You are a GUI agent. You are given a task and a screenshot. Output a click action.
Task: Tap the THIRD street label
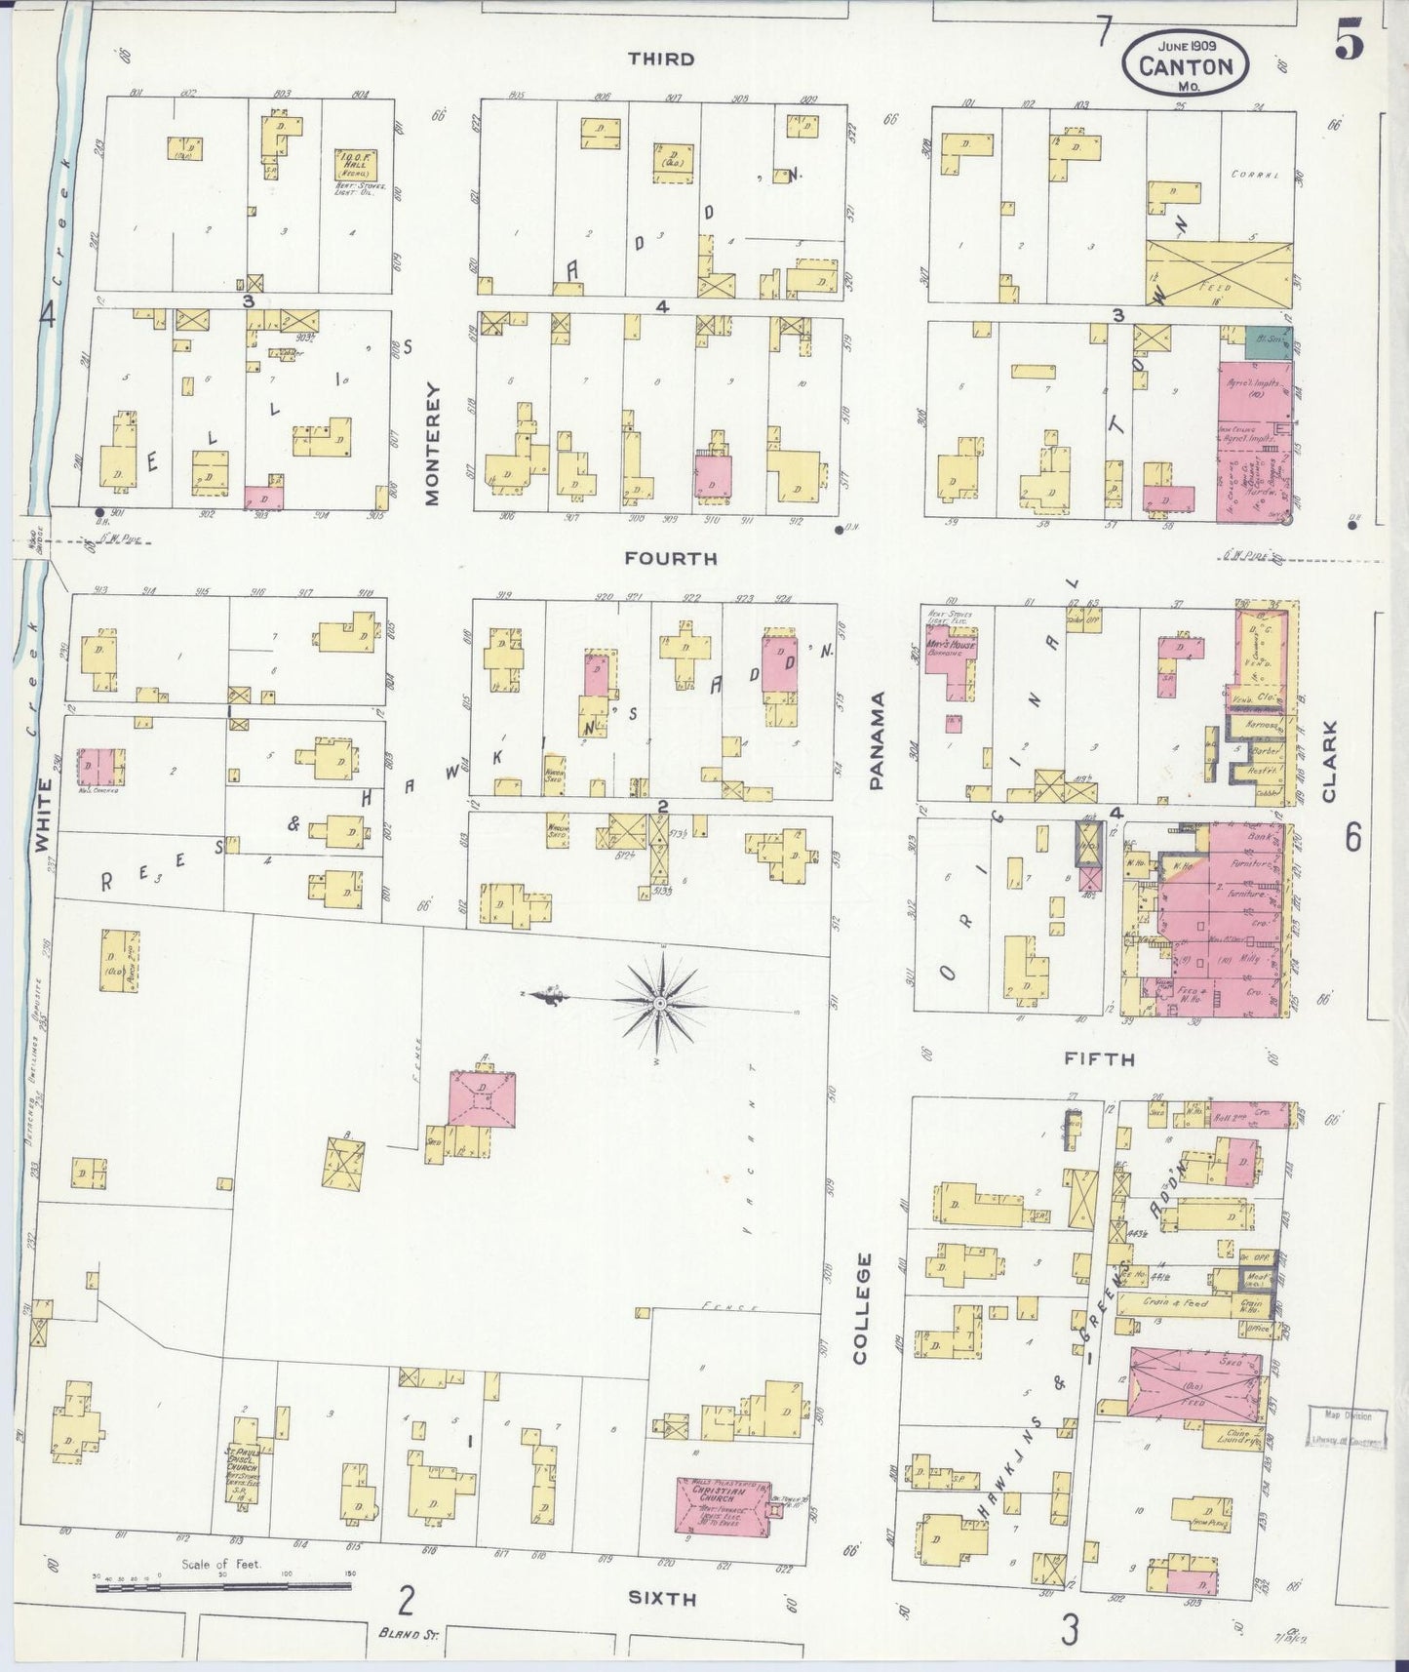[x=661, y=59]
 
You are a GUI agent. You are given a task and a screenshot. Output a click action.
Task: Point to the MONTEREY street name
[x=433, y=444]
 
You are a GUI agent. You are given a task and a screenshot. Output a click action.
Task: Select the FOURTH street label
[x=671, y=558]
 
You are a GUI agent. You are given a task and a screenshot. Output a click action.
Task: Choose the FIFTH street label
[x=1100, y=1057]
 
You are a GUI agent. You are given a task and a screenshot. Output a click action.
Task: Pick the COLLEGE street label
[x=861, y=1308]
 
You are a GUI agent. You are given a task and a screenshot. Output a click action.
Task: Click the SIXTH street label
[x=661, y=1598]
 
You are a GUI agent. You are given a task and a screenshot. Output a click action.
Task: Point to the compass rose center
[x=660, y=1002]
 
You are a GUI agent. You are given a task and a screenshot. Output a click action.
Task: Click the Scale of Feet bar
[x=223, y=1587]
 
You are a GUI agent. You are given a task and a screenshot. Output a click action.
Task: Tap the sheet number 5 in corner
[x=1349, y=40]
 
